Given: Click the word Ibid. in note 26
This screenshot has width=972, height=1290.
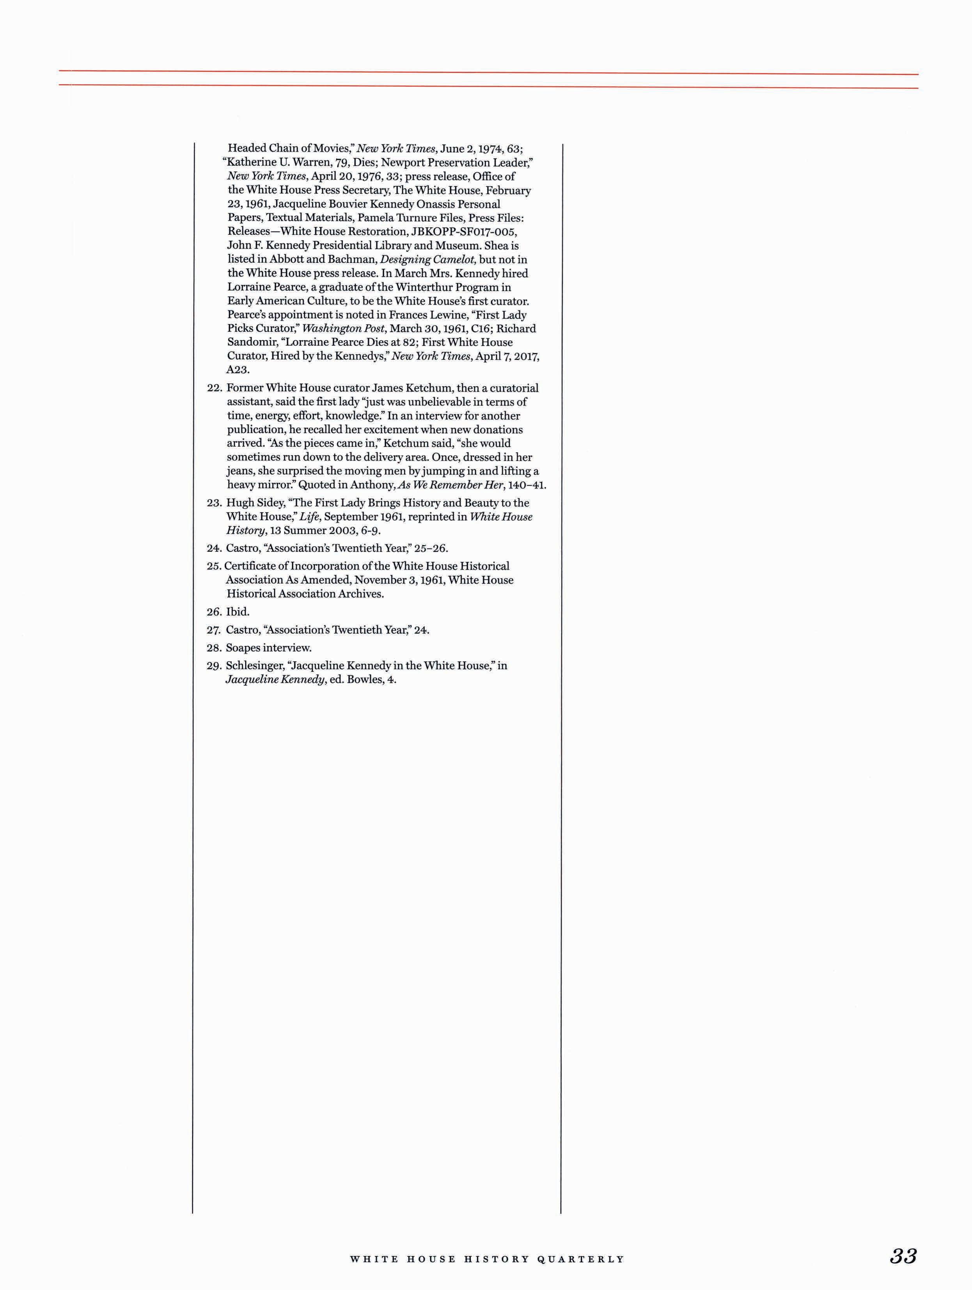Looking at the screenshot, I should (x=238, y=612).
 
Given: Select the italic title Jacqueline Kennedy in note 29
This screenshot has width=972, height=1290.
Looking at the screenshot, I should (x=275, y=680).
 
